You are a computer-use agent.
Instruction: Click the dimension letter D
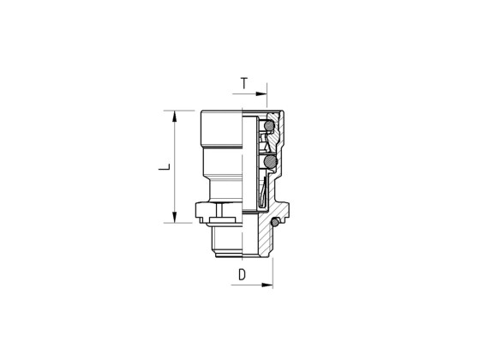(x=243, y=275)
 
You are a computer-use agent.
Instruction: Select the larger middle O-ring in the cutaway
(x=272, y=160)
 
